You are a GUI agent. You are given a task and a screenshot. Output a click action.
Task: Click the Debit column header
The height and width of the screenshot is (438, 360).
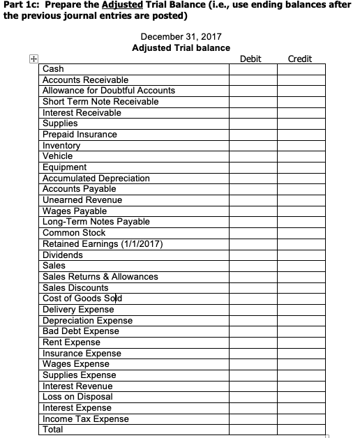tap(250, 59)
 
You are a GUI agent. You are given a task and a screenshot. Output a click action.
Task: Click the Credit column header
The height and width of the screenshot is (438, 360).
tap(299, 59)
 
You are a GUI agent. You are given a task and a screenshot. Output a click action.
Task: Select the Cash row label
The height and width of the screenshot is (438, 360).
tap(54, 69)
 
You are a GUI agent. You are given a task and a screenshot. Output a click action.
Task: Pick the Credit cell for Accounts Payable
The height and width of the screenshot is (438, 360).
tap(301, 189)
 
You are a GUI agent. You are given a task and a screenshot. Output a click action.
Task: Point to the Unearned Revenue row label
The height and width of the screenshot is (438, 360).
tap(82, 200)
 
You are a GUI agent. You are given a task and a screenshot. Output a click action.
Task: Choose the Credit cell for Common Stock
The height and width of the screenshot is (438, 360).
tap(301, 233)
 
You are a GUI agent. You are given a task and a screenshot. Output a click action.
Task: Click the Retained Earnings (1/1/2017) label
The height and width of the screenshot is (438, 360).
tap(103, 243)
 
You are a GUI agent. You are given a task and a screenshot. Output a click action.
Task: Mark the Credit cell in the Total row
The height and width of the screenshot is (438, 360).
tap(301, 430)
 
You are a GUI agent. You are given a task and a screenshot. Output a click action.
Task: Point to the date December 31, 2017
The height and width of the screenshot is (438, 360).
tap(181, 36)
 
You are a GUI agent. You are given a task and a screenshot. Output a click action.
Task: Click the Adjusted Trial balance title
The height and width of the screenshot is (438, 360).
tap(181, 47)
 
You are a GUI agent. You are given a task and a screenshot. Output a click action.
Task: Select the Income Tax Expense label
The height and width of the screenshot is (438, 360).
tap(86, 418)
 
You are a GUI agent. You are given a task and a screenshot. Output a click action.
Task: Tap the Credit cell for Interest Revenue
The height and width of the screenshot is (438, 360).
tap(301, 386)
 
